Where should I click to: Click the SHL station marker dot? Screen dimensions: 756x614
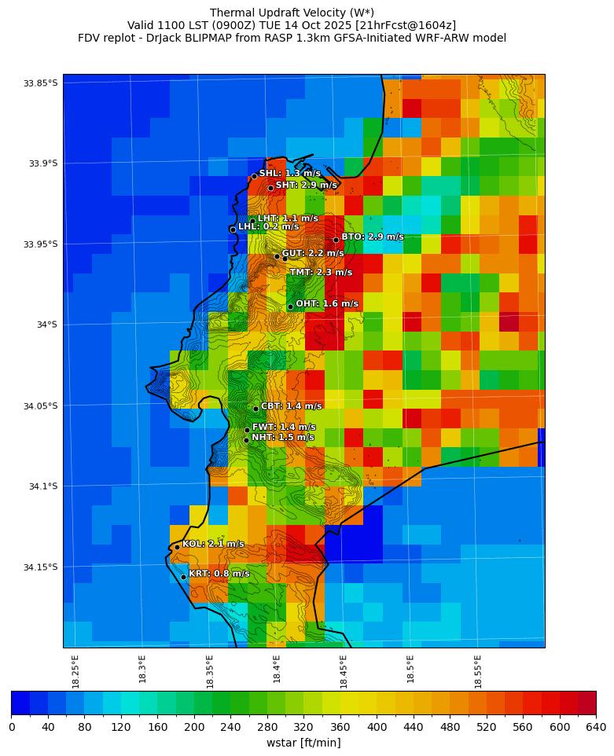coord(254,176)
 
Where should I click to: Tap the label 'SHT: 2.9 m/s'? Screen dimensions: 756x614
coord(306,185)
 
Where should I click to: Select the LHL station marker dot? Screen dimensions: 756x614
coord(233,229)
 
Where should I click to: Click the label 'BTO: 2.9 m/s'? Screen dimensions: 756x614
coord(372,237)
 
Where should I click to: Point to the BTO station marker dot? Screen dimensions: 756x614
coord(336,240)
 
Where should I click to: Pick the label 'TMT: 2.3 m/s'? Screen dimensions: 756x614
coord(321,273)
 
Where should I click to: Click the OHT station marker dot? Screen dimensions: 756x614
coord(290,306)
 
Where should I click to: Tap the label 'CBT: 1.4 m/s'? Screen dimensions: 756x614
coord(291,406)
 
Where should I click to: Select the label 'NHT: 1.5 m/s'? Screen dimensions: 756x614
coord(282,438)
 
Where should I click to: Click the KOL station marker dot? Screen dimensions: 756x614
coord(177,547)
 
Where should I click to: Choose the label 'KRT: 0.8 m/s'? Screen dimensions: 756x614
coord(219,574)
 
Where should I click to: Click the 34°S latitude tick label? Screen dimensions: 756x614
coord(44,325)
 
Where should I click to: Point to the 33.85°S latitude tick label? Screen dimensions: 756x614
coord(41,83)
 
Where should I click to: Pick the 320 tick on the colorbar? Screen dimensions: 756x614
coord(303,728)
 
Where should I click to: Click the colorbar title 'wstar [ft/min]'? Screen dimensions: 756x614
coord(303,743)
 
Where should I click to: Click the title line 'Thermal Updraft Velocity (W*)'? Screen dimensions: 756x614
coord(292,13)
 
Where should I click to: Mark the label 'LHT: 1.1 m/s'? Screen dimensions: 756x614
coord(288,218)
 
